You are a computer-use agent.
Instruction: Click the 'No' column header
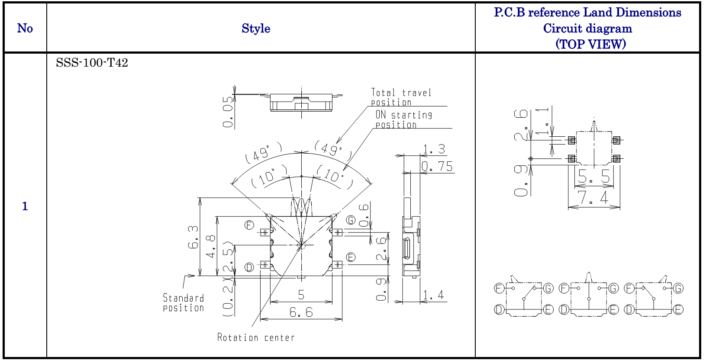25,29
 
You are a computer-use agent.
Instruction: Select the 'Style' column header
256,29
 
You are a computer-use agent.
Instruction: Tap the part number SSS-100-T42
92,63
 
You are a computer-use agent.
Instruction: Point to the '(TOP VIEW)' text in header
590,44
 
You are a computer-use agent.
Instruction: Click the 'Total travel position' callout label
401,97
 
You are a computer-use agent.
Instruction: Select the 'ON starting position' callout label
403,120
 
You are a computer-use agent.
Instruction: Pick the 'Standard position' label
184,303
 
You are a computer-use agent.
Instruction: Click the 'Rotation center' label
256,337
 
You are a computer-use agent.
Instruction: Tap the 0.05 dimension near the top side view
228,112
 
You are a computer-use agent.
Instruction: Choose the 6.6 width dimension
301,312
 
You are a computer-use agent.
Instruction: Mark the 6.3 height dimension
193,238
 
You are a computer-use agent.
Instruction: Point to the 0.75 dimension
437,167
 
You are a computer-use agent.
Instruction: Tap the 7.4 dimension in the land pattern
593,198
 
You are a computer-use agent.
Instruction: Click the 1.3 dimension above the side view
434,149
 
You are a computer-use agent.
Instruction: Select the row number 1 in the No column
25,206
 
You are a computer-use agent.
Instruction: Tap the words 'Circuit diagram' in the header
587,29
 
